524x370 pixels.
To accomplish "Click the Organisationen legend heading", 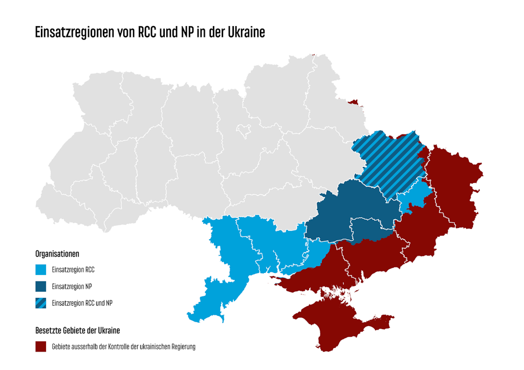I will pos(57,253).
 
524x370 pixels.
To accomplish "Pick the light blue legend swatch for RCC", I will pos(41,269).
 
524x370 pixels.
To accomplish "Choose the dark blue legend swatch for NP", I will pos(41,286).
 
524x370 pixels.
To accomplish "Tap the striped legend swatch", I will pos(41,303).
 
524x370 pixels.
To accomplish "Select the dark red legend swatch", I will pos(41,346).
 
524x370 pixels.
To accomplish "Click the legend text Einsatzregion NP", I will pos(72,286).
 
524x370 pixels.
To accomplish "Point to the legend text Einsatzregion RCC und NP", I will pos(82,303).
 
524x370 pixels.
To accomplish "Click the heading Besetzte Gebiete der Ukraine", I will pos(77,330).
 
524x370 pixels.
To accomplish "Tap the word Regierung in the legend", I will pos(182,346).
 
